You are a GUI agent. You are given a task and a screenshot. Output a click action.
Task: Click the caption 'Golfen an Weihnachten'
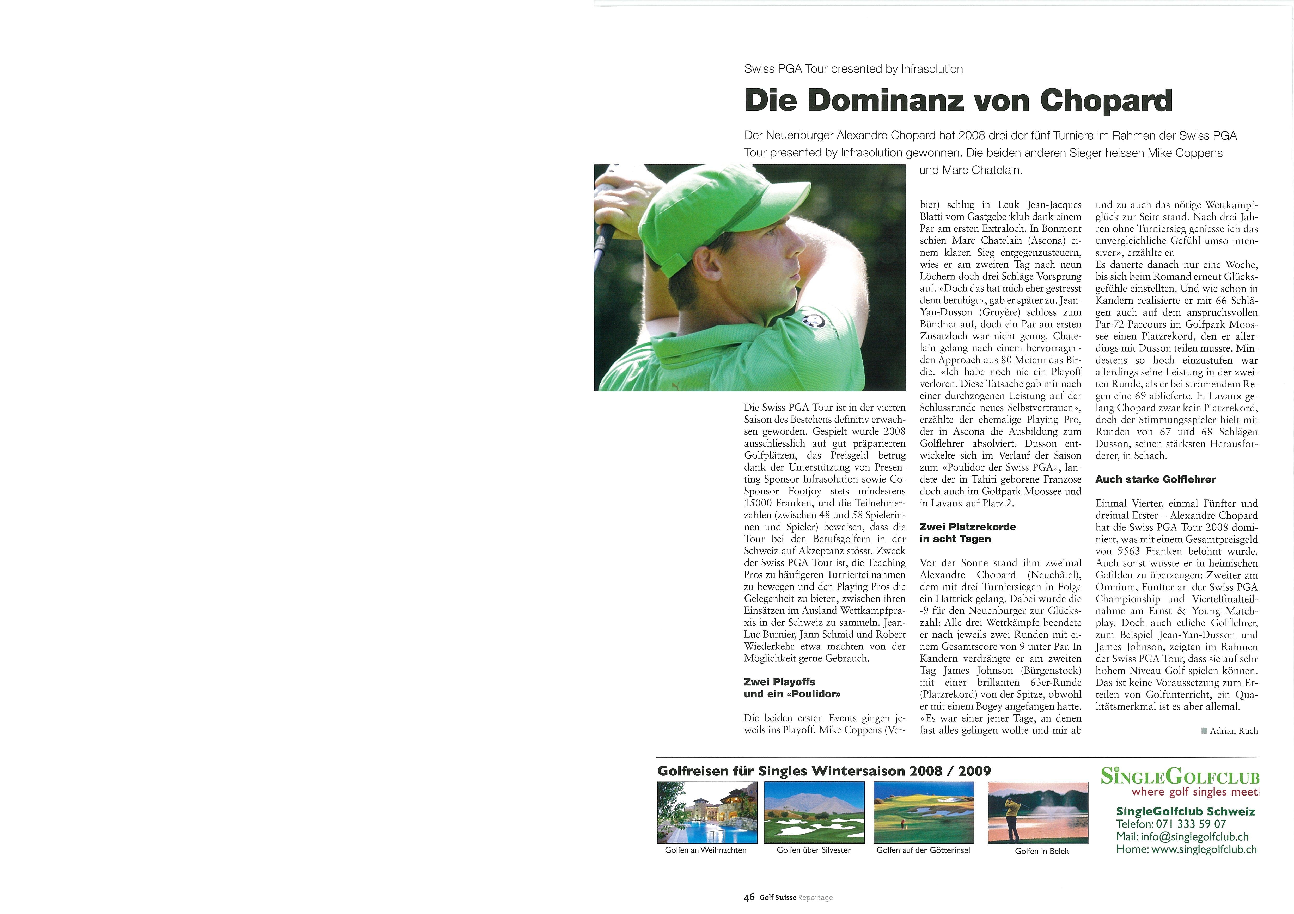coord(706,850)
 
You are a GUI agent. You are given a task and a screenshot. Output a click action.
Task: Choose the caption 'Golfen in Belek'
coord(1041,852)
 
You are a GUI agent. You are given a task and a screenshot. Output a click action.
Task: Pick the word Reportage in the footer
coord(815,898)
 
